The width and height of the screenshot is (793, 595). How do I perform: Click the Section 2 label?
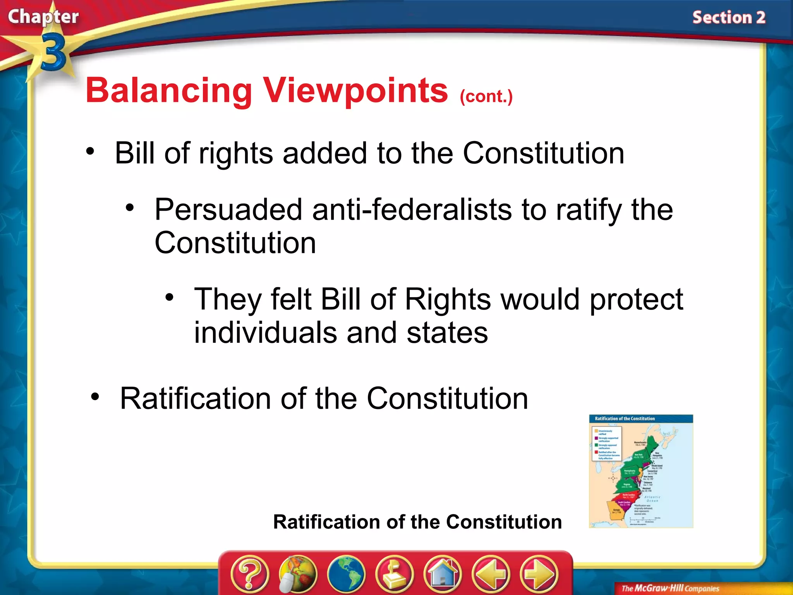(728, 18)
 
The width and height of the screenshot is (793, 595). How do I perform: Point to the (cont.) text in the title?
(486, 96)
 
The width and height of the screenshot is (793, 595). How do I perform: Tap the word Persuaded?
(228, 210)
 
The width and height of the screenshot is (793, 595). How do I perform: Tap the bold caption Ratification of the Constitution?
(417, 522)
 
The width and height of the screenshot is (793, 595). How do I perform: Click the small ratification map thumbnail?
(640, 471)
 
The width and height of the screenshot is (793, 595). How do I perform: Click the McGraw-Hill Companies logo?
(670, 588)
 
